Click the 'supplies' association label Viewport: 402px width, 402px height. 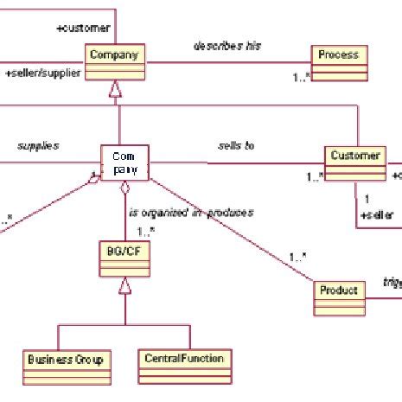(38, 146)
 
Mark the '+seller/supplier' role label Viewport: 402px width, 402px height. (43, 73)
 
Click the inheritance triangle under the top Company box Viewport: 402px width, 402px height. (115, 88)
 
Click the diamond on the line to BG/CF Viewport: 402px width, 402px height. (125, 188)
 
